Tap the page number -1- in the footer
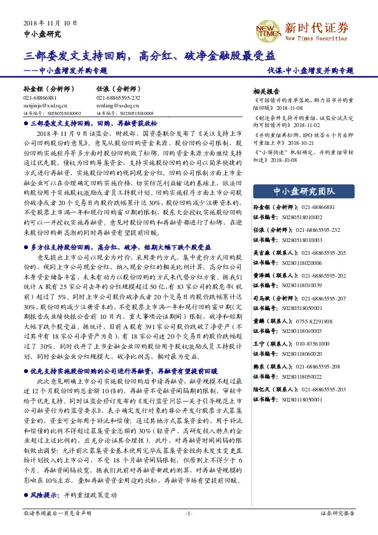[189, 511]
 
